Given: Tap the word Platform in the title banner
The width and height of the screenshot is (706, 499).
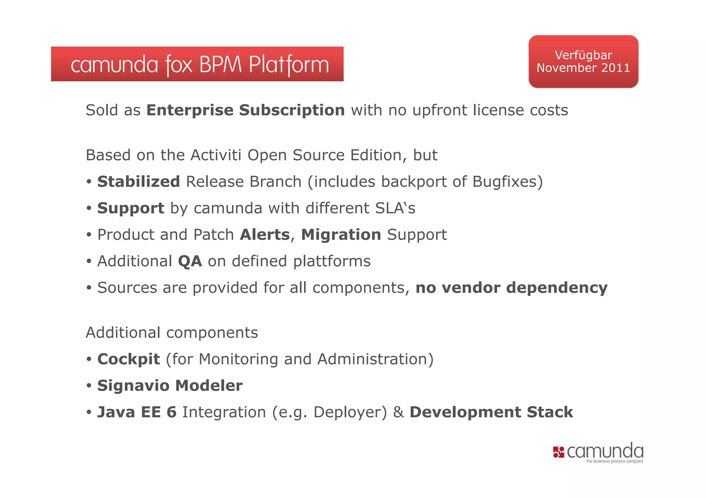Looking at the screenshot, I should [x=289, y=65].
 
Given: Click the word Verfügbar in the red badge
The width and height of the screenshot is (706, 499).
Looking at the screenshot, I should [x=583, y=55].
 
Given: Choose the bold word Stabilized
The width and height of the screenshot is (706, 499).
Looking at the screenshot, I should [x=139, y=182].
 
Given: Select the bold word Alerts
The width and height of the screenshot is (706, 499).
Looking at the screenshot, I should [x=265, y=235].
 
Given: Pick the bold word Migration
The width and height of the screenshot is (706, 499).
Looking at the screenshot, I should [x=341, y=235].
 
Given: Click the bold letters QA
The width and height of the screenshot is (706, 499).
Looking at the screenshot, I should [x=190, y=261].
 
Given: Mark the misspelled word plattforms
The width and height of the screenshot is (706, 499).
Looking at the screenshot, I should [x=332, y=261].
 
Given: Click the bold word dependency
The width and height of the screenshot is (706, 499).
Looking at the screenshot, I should [x=557, y=288].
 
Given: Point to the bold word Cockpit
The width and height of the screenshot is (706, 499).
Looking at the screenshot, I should [x=129, y=359].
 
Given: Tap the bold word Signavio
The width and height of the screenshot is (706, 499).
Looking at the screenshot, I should [x=134, y=386].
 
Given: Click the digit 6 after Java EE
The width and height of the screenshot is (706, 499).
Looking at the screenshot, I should [x=171, y=412].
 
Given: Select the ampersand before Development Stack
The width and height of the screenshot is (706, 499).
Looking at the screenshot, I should [x=398, y=412].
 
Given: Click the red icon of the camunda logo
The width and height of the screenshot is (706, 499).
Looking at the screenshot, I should [x=558, y=452].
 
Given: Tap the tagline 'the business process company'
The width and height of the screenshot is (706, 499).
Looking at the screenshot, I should [x=614, y=461].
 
